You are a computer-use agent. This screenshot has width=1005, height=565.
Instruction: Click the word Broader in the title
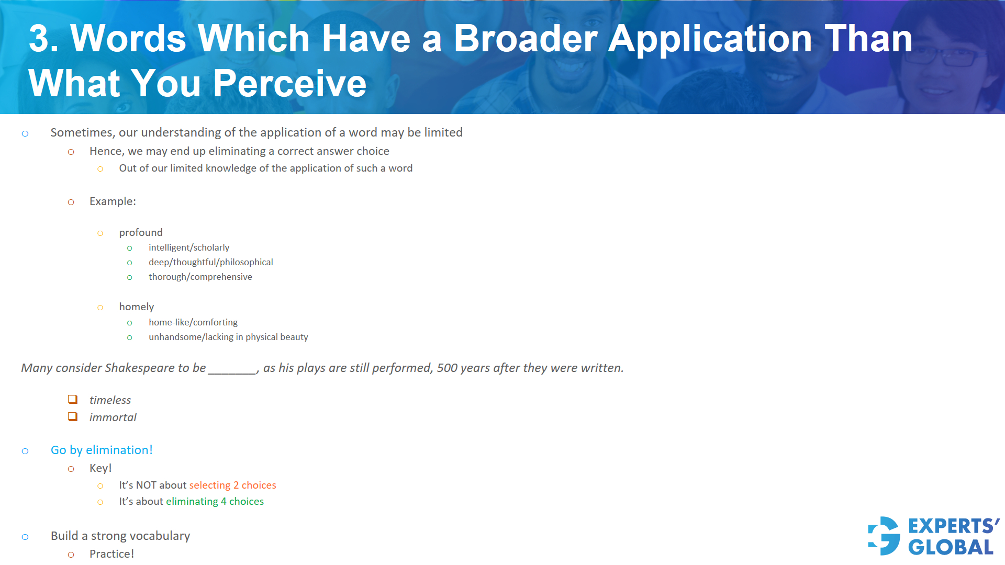(x=526, y=39)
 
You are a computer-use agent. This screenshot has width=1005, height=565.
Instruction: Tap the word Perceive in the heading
(x=289, y=84)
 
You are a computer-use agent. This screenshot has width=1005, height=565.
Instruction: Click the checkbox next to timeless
(x=73, y=400)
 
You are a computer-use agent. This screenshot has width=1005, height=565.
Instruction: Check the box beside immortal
(x=73, y=417)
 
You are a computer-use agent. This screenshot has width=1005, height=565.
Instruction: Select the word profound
(x=141, y=232)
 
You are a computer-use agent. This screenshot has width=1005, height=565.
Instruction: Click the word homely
(x=137, y=307)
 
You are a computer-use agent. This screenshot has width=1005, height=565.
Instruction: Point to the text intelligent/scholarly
(x=189, y=247)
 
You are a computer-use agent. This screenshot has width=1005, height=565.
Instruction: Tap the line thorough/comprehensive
(x=200, y=277)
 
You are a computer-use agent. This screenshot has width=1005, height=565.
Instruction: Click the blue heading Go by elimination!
(x=102, y=450)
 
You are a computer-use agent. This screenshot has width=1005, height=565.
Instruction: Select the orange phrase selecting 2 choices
(x=232, y=485)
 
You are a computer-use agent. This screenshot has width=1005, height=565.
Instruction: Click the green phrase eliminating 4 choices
(x=215, y=501)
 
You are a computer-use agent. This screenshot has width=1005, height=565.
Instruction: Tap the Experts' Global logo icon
(x=884, y=536)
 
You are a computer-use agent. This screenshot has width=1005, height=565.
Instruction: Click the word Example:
(x=113, y=201)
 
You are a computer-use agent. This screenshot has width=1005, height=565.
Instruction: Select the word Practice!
(x=111, y=554)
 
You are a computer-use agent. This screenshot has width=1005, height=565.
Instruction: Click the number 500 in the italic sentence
(x=447, y=368)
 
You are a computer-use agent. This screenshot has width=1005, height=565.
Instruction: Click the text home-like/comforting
(x=193, y=322)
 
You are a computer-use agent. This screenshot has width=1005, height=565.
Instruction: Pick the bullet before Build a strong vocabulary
(x=25, y=537)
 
